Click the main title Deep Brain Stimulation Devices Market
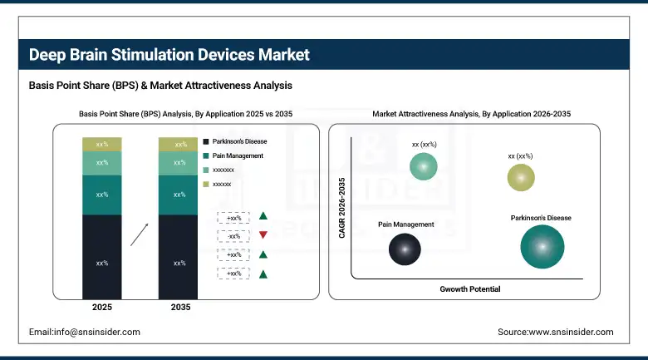pyautogui.click(x=169, y=55)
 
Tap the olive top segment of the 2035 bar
pyautogui.click(x=179, y=145)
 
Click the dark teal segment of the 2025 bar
pyautogui.click(x=102, y=195)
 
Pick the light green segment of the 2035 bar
pyautogui.click(x=179, y=163)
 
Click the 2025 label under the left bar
pyautogui.click(x=102, y=307)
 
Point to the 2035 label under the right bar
pyautogui.click(x=179, y=307)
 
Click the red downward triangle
pyautogui.click(x=263, y=235)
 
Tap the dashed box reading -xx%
pyautogui.click(x=233, y=235)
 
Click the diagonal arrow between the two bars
pyautogui.click(x=140, y=234)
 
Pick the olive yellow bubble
pyautogui.click(x=521, y=177)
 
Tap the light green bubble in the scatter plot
pyautogui.click(x=424, y=168)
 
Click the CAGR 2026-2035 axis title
pyautogui.click(x=341, y=207)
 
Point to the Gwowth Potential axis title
pyautogui.click(x=470, y=288)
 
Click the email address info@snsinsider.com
pyautogui.click(x=84, y=332)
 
